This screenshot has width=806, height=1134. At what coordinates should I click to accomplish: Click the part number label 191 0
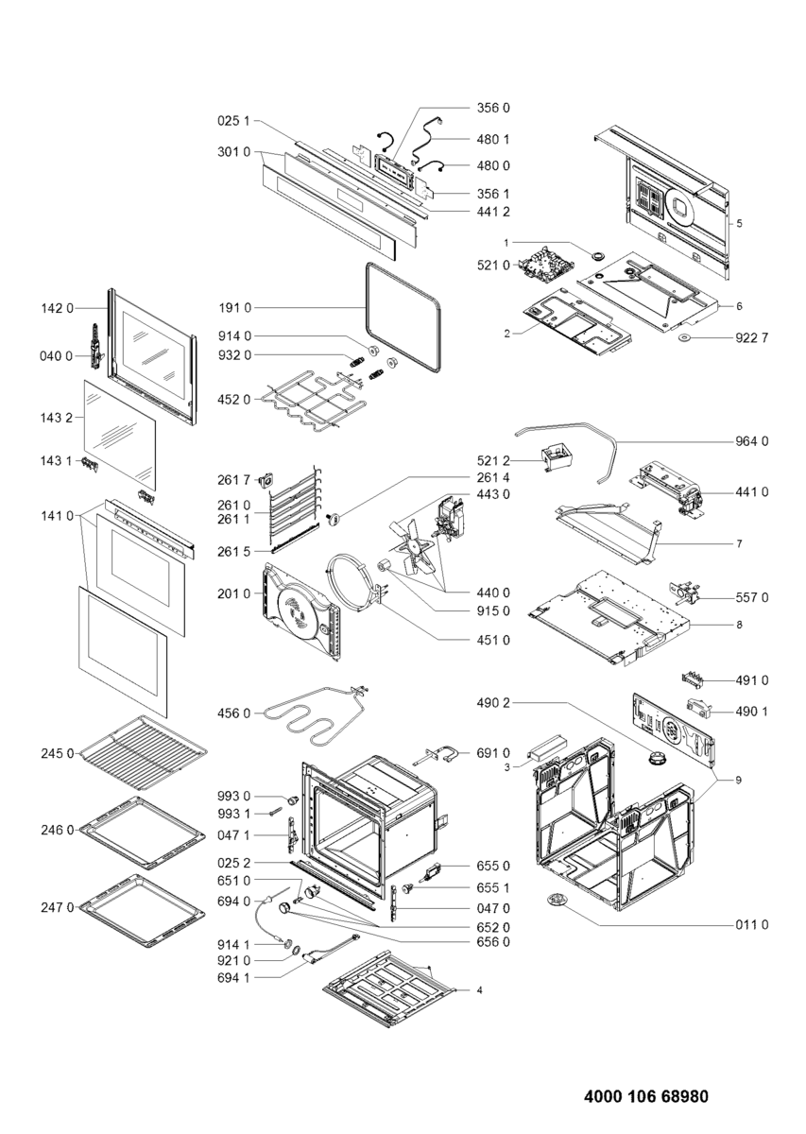point(232,308)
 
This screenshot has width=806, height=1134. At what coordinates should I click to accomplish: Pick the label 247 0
point(57,907)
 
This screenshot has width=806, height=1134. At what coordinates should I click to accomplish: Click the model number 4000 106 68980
point(646,1097)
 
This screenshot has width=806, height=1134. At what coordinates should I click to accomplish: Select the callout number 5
point(740,224)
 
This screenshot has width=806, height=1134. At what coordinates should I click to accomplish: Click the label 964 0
point(751,441)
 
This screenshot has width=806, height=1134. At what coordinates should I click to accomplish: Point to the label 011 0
point(751,924)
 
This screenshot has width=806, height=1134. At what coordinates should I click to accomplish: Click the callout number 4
point(480,990)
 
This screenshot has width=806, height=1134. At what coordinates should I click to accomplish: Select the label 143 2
point(57,417)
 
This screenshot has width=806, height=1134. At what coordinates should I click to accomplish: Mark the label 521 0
point(494,265)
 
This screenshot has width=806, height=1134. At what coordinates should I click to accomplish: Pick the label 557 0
point(751,597)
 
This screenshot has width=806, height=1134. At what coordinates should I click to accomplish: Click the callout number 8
point(740,625)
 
